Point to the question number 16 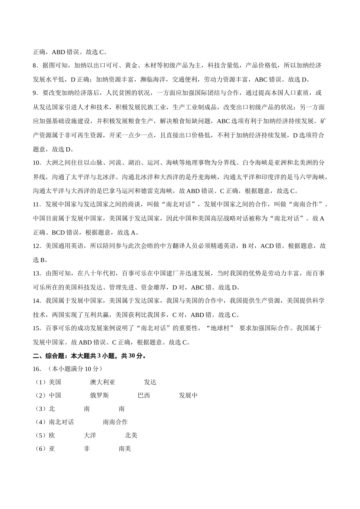(x=37, y=368)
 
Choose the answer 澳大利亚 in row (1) (x=102, y=382)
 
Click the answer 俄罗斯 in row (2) (x=99, y=396)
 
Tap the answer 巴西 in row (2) (x=144, y=396)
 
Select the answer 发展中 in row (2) (x=188, y=396)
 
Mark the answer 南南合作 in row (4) (x=115, y=422)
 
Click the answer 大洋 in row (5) (x=90, y=436)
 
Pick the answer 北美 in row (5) (x=131, y=436)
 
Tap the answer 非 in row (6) (x=87, y=449)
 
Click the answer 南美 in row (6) (x=125, y=449)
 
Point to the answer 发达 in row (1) (x=150, y=382)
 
